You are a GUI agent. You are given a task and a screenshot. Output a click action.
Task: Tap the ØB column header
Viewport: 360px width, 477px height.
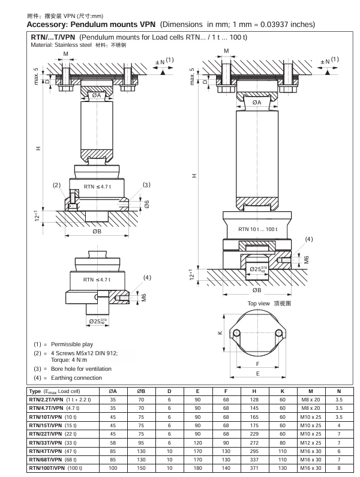pyautogui.click(x=142, y=391)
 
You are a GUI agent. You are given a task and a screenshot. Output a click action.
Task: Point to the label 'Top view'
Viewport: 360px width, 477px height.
pyautogui.click(x=259, y=303)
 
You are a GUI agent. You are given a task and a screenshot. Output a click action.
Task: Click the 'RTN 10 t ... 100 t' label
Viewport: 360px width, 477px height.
pyautogui.click(x=257, y=229)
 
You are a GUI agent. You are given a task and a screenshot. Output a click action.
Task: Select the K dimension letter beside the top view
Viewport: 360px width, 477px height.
pyautogui.click(x=220, y=333)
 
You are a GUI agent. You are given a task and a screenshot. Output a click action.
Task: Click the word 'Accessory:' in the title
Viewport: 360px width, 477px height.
pyautogui.click(x=48, y=25)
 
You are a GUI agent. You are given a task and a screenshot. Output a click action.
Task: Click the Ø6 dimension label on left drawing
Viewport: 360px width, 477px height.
pyautogui.click(x=146, y=204)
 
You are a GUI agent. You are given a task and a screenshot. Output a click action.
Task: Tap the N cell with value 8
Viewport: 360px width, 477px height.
pyautogui.click(x=339, y=467)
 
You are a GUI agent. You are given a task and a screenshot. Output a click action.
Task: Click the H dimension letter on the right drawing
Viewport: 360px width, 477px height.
pyautogui.click(x=194, y=176)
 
